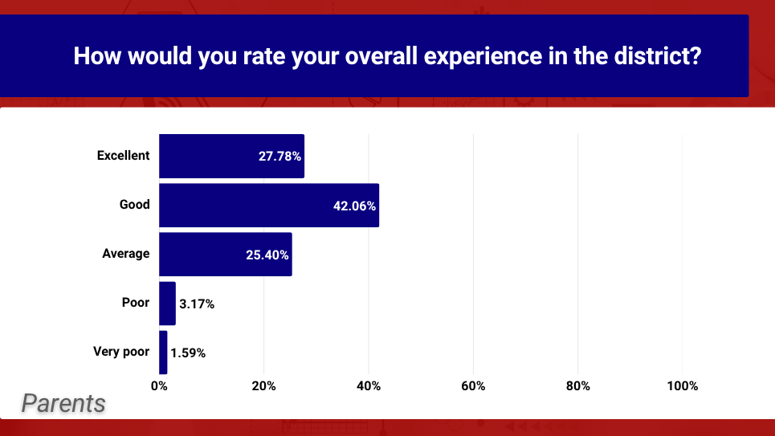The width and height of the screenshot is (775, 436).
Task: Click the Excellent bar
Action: (231, 156)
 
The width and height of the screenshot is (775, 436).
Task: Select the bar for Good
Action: (269, 205)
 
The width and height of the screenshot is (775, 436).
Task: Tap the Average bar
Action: (226, 254)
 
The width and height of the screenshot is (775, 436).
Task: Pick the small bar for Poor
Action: (167, 304)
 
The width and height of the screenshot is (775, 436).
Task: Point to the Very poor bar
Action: (163, 352)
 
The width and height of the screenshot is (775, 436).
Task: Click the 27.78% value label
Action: (279, 157)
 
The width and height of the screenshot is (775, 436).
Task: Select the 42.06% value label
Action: (354, 206)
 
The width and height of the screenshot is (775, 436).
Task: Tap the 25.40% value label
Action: (267, 255)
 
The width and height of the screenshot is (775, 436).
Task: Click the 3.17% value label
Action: (197, 304)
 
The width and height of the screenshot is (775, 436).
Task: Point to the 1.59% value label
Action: (188, 353)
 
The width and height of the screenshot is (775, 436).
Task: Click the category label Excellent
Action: (123, 155)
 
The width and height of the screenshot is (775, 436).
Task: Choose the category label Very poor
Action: (121, 352)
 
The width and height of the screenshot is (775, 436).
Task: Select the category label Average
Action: (125, 254)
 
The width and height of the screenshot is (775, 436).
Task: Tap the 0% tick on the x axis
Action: (159, 386)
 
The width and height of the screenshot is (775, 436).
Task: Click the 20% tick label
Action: (264, 386)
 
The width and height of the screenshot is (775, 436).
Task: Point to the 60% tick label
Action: (473, 386)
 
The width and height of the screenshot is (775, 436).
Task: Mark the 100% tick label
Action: (683, 386)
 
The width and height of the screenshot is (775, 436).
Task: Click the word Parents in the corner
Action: (63, 403)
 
